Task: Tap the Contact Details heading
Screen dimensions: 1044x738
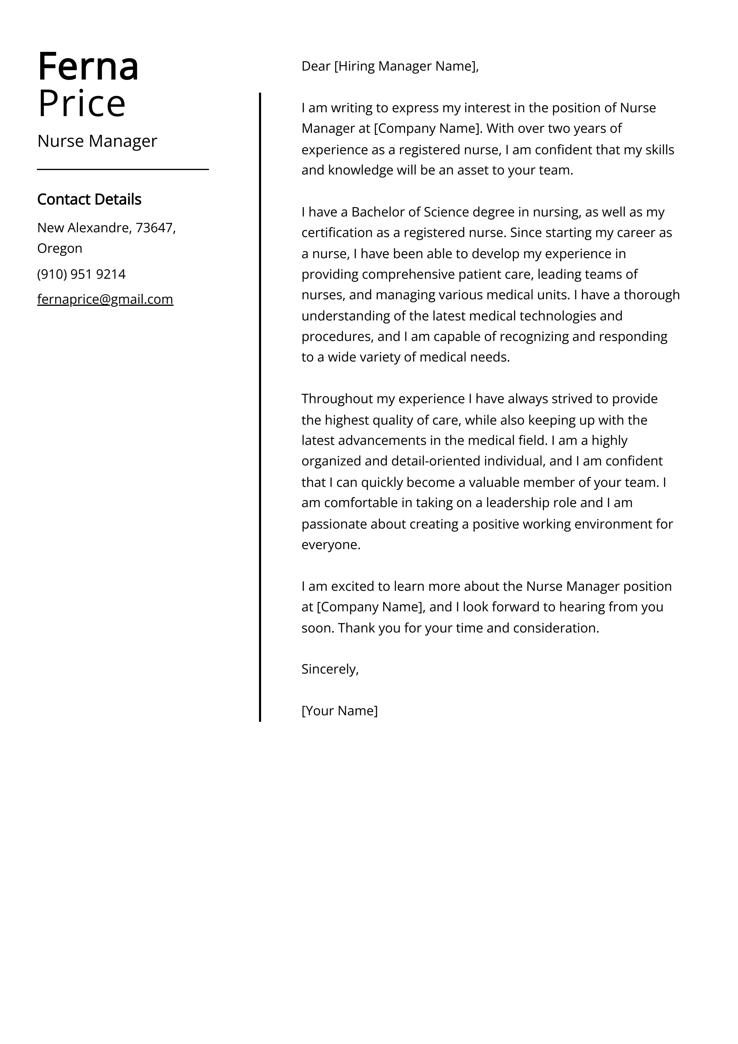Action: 89,199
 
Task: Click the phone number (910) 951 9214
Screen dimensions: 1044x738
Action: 81,274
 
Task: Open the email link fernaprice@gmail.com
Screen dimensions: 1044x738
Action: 105,299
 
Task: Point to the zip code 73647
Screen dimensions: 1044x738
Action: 154,228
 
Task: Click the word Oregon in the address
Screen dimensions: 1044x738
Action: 60,248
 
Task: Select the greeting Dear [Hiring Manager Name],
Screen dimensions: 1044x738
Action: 390,66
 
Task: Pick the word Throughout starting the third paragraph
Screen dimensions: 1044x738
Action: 337,399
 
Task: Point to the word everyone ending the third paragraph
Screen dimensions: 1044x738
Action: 330,545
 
